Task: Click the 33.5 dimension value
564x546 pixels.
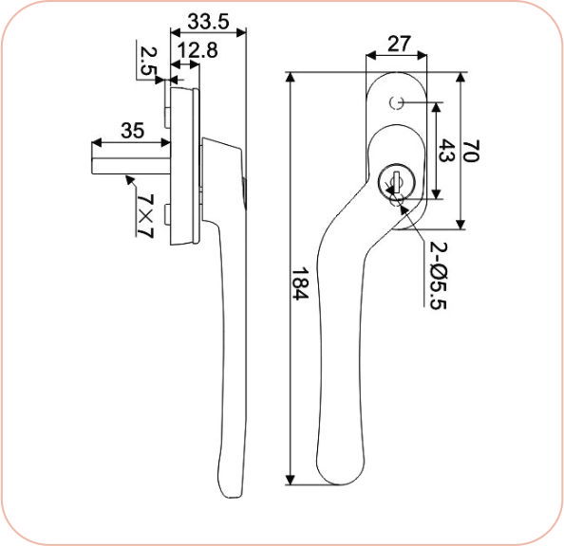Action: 208,20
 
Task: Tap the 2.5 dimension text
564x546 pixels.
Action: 147,60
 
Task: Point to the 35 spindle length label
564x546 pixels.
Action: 132,131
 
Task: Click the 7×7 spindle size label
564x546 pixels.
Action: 144,215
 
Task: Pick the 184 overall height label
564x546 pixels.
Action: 302,282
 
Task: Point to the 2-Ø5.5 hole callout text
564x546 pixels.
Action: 438,275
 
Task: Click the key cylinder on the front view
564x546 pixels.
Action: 392,180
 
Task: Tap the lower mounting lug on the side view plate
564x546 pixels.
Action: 166,215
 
